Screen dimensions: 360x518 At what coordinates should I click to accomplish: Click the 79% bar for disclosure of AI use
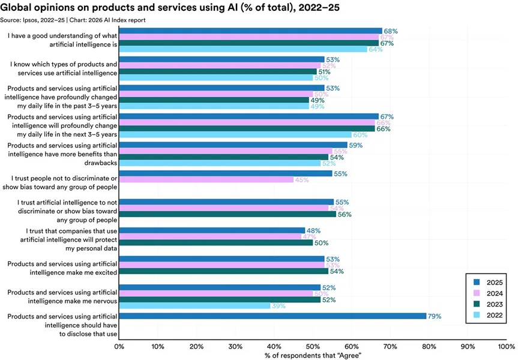(x=273, y=316)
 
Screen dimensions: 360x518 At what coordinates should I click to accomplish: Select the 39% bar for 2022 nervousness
(x=195, y=306)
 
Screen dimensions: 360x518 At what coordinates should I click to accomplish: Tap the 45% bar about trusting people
(x=206, y=179)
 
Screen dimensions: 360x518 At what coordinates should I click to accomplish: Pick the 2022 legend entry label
(x=496, y=315)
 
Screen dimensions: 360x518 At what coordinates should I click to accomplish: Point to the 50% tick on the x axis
(x=313, y=346)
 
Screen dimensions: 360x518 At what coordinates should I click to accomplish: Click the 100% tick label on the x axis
(x=506, y=346)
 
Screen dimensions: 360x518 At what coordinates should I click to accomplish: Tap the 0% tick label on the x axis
(x=120, y=346)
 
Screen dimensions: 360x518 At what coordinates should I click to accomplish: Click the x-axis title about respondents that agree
(x=313, y=355)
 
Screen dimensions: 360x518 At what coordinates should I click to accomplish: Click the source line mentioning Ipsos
(x=74, y=20)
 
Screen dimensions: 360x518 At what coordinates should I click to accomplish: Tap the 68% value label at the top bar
(x=391, y=31)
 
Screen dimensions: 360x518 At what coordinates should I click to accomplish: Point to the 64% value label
(x=376, y=49)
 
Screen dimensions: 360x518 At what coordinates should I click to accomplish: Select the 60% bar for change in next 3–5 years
(x=236, y=135)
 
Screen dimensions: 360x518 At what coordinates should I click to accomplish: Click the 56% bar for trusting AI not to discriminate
(x=228, y=214)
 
